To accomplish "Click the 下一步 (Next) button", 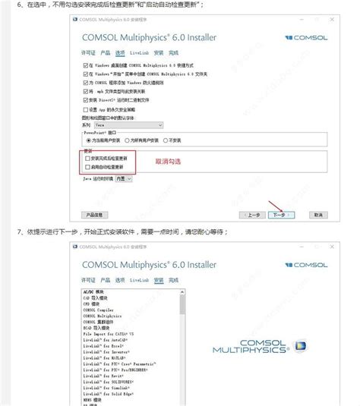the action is (x=279, y=215).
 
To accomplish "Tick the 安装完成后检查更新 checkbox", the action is (x=88, y=158).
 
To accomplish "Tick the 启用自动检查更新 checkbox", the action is (x=88, y=166).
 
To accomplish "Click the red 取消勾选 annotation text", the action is (x=169, y=162).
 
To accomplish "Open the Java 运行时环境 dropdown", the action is (x=124, y=178).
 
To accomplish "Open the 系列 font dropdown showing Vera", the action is (x=112, y=124).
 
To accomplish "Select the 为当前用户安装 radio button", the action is (x=87, y=140).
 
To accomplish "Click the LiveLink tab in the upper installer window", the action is (x=139, y=53).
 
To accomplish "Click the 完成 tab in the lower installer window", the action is (x=174, y=280).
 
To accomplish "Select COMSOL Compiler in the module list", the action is (x=98, y=310).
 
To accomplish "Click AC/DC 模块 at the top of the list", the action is (x=95, y=293).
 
